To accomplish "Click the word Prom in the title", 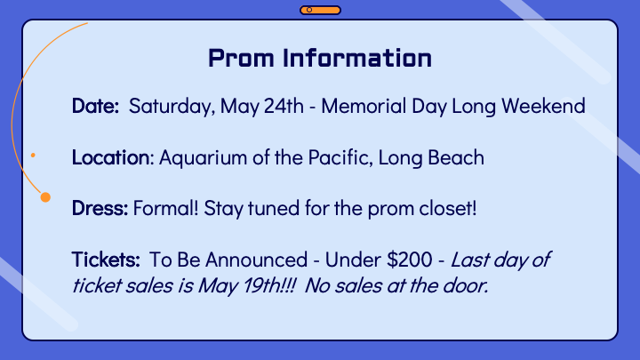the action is [x=241, y=58].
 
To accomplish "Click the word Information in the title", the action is [x=357, y=58].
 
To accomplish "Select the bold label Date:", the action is [x=95, y=106].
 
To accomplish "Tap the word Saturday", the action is [x=172, y=107].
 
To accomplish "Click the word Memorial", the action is [x=364, y=106].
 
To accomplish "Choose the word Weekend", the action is [x=543, y=106].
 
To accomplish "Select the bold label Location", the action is [x=110, y=157].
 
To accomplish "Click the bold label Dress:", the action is [x=100, y=208].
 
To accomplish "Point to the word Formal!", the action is [x=165, y=208].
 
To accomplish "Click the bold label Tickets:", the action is [x=106, y=260].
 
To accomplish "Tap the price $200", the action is [x=410, y=260].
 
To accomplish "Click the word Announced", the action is [x=256, y=260].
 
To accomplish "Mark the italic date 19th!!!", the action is [x=269, y=285].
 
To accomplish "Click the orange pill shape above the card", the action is [x=320, y=10].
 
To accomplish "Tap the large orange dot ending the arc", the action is [x=45, y=197].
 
